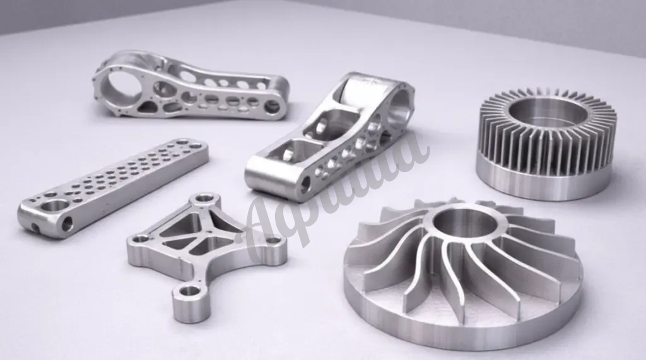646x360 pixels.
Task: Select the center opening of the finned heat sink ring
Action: coord(543,112)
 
